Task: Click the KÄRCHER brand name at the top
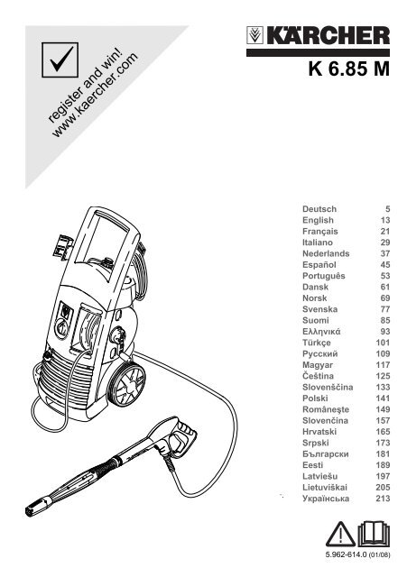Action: point(328,36)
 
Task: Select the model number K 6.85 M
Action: point(349,69)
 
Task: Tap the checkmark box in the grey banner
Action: point(60,60)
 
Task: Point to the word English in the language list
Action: point(318,220)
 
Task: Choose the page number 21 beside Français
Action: point(385,232)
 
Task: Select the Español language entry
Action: point(319,265)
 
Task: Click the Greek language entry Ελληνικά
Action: point(321,332)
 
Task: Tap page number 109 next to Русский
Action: point(383,353)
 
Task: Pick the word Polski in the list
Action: point(315,398)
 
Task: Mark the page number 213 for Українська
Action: point(383,499)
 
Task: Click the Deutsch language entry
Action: point(319,209)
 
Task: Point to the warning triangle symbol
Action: point(341,534)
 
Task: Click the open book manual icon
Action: point(374,534)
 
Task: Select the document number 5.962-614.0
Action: point(346,554)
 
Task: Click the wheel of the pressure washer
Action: point(128,385)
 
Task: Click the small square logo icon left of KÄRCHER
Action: point(254,35)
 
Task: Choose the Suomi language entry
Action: point(316,321)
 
